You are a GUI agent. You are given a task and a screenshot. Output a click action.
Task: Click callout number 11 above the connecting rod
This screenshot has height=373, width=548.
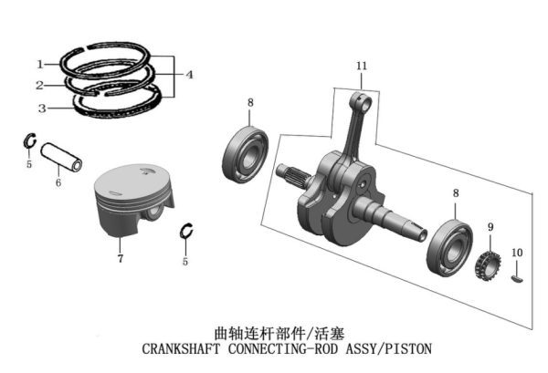pos(362,67)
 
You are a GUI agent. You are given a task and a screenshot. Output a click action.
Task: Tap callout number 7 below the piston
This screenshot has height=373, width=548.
pos(120,260)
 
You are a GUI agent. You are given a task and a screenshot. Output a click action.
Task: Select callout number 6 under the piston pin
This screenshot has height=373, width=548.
pos(58,182)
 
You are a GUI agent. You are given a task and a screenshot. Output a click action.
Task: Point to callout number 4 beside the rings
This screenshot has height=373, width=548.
pos(189,75)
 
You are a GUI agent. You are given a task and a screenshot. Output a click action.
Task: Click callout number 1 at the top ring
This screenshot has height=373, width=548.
pos(40,64)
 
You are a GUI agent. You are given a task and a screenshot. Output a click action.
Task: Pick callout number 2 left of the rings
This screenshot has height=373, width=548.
pos(40,86)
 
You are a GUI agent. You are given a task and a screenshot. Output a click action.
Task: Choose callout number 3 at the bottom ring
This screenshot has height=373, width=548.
pos(40,109)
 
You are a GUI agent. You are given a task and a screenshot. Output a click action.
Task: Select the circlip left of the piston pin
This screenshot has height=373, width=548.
pos(27,143)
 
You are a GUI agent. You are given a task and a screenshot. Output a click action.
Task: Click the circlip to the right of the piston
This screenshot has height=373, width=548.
pos(187,233)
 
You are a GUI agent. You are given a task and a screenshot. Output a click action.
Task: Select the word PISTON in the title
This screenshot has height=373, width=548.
pos(408,349)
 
